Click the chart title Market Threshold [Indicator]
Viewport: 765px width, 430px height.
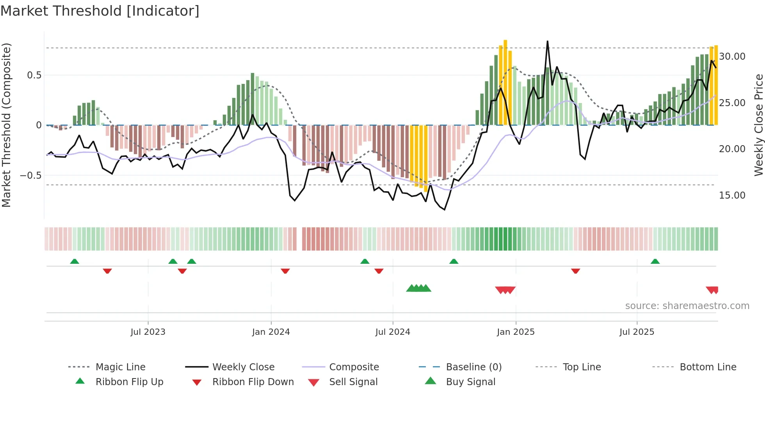tap(100, 11)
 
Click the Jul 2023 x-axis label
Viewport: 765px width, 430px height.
tap(148, 332)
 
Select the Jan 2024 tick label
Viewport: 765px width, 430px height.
tap(271, 332)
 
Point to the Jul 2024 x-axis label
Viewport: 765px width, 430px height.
tap(393, 332)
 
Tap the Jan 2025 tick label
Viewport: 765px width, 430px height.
tap(516, 332)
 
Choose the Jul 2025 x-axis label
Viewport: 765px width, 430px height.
tap(637, 332)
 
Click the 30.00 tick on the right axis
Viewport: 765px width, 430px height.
tap(732, 57)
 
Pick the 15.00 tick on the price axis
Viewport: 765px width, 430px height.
tap(732, 195)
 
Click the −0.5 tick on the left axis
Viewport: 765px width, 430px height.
tap(31, 176)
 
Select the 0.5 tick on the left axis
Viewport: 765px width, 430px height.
tap(34, 75)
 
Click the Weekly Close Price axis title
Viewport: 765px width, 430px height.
tap(758, 125)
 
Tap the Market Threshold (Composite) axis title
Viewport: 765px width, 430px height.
tap(6, 125)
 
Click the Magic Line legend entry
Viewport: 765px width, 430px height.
tap(120, 367)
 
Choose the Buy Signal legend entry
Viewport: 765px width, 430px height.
tap(470, 382)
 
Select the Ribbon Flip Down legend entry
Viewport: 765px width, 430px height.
tap(253, 382)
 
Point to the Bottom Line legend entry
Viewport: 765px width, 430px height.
tap(708, 367)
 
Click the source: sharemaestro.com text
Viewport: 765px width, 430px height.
tap(687, 306)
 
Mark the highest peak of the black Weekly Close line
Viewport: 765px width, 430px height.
tap(547, 41)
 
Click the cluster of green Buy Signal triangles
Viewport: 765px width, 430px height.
tap(418, 288)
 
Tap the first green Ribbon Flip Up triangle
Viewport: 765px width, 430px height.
tap(75, 261)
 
